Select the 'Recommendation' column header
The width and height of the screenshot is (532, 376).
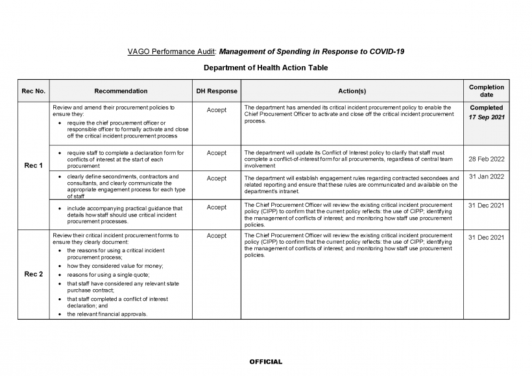point(120,91)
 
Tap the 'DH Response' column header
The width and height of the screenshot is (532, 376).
point(216,91)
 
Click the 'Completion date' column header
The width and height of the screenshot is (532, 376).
point(486,91)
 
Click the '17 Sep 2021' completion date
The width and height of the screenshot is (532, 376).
point(486,117)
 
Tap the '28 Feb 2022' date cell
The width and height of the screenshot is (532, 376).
point(486,159)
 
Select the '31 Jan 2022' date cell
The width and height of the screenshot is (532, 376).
point(486,176)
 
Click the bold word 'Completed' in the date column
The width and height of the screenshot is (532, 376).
point(486,108)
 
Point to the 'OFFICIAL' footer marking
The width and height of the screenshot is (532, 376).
point(266,362)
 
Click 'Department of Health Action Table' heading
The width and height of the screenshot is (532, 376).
point(266,67)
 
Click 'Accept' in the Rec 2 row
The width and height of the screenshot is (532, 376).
point(216,237)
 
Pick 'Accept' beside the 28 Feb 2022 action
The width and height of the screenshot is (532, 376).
point(216,153)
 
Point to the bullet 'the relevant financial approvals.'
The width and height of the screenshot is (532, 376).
point(107,314)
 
